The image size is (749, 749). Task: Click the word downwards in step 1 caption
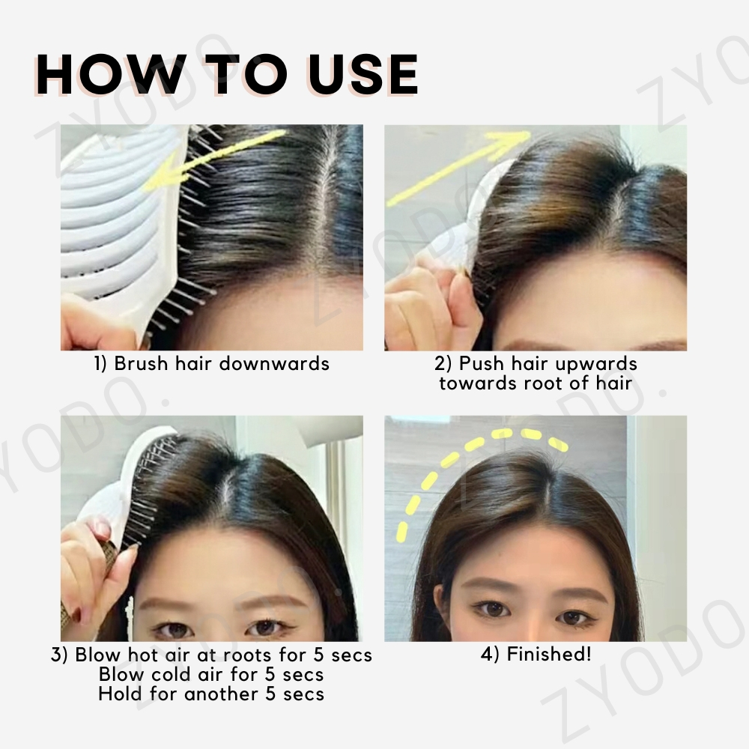coord(274,363)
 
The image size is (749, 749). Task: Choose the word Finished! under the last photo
coord(549,655)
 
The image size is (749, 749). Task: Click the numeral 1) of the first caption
coord(100,364)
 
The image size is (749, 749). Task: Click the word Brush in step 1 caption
coord(141,363)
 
